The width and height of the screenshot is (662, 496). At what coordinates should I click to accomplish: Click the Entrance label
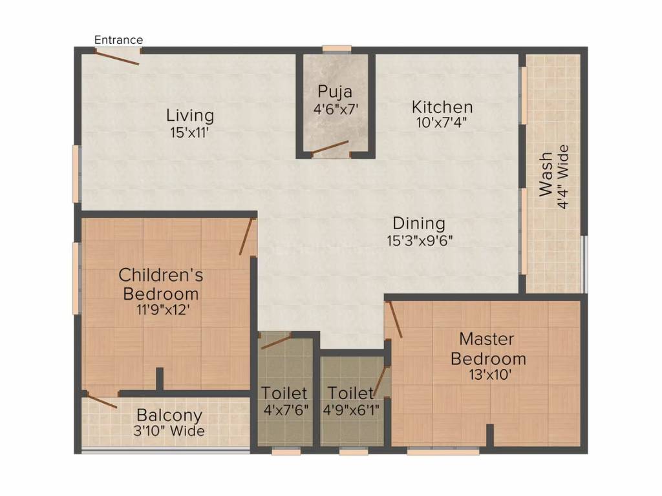[x=118, y=40]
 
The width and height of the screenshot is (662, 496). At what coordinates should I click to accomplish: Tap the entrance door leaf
[x=117, y=57]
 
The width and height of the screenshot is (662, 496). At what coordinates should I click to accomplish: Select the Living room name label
[x=190, y=116]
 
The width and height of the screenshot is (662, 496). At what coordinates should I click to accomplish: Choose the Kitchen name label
[x=442, y=107]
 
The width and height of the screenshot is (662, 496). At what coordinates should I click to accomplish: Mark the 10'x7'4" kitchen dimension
[x=442, y=123]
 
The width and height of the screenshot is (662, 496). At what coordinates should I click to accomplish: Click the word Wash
[x=546, y=174]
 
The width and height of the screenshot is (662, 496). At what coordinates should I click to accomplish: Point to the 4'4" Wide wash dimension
[x=563, y=176]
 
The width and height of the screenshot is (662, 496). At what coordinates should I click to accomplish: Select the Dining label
[x=419, y=223]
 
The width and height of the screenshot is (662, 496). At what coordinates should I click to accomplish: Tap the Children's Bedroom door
[x=245, y=236]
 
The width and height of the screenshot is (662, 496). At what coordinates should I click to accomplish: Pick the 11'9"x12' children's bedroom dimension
[x=160, y=309]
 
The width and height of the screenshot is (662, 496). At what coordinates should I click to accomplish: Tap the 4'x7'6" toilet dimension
[x=284, y=409]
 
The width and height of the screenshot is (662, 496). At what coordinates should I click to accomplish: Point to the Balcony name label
[x=169, y=415]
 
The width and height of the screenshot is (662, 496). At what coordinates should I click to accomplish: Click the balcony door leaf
[x=102, y=400]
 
